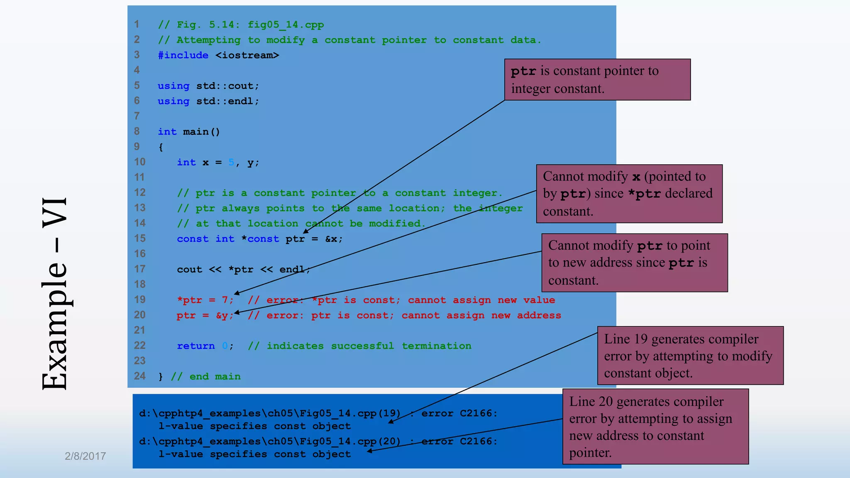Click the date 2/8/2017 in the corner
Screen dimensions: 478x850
85,456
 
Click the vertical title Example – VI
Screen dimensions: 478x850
55,294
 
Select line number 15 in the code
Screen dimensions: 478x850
140,239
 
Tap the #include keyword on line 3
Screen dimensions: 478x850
183,55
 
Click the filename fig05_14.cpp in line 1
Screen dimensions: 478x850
286,25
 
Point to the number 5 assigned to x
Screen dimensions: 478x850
231,162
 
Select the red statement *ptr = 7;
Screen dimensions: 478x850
205,300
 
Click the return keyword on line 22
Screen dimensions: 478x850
196,346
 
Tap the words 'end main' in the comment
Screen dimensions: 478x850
215,377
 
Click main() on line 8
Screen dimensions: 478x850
201,132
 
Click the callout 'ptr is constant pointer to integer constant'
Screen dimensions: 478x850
597,80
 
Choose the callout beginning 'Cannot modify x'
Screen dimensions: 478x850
629,194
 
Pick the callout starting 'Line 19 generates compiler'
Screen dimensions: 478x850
690,356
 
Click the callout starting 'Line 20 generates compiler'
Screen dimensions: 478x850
655,427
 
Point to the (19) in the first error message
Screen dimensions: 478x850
389,413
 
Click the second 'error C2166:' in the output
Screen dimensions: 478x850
459,441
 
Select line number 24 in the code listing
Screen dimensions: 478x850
140,376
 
